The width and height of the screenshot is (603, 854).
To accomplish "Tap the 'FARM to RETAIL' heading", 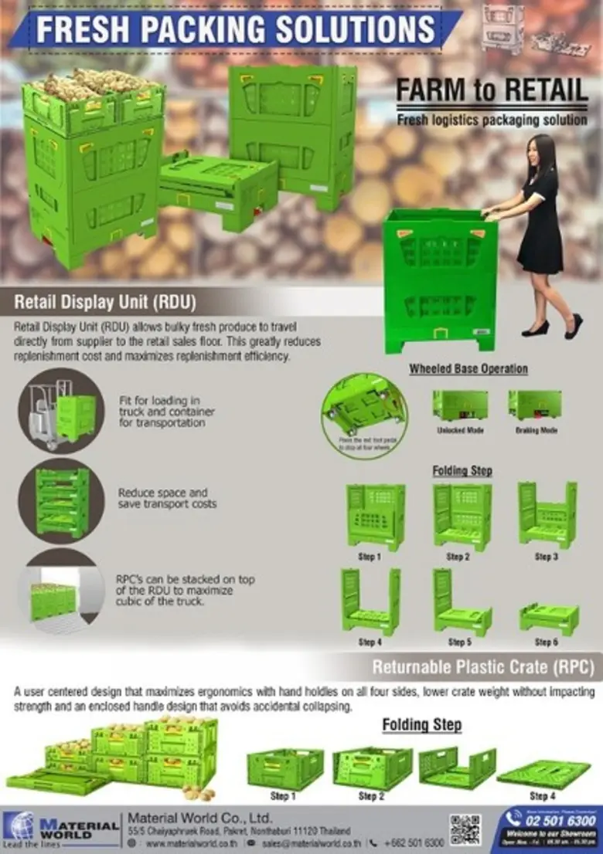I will (492, 90).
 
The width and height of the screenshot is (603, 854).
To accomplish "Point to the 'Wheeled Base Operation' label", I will (468, 369).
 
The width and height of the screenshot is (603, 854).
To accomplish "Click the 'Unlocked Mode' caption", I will (460, 430).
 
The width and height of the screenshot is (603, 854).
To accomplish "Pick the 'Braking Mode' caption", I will (536, 430).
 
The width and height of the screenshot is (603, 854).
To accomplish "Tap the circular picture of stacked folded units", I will (61, 500).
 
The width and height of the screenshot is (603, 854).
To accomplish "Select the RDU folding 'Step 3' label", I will (546, 557).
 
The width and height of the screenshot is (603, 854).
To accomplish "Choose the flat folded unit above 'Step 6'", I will (548, 618).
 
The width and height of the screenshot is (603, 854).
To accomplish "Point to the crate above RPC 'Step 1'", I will (285, 769).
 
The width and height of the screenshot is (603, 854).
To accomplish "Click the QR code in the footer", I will (465, 829).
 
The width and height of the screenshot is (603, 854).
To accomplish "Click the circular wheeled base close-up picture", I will (364, 413).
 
